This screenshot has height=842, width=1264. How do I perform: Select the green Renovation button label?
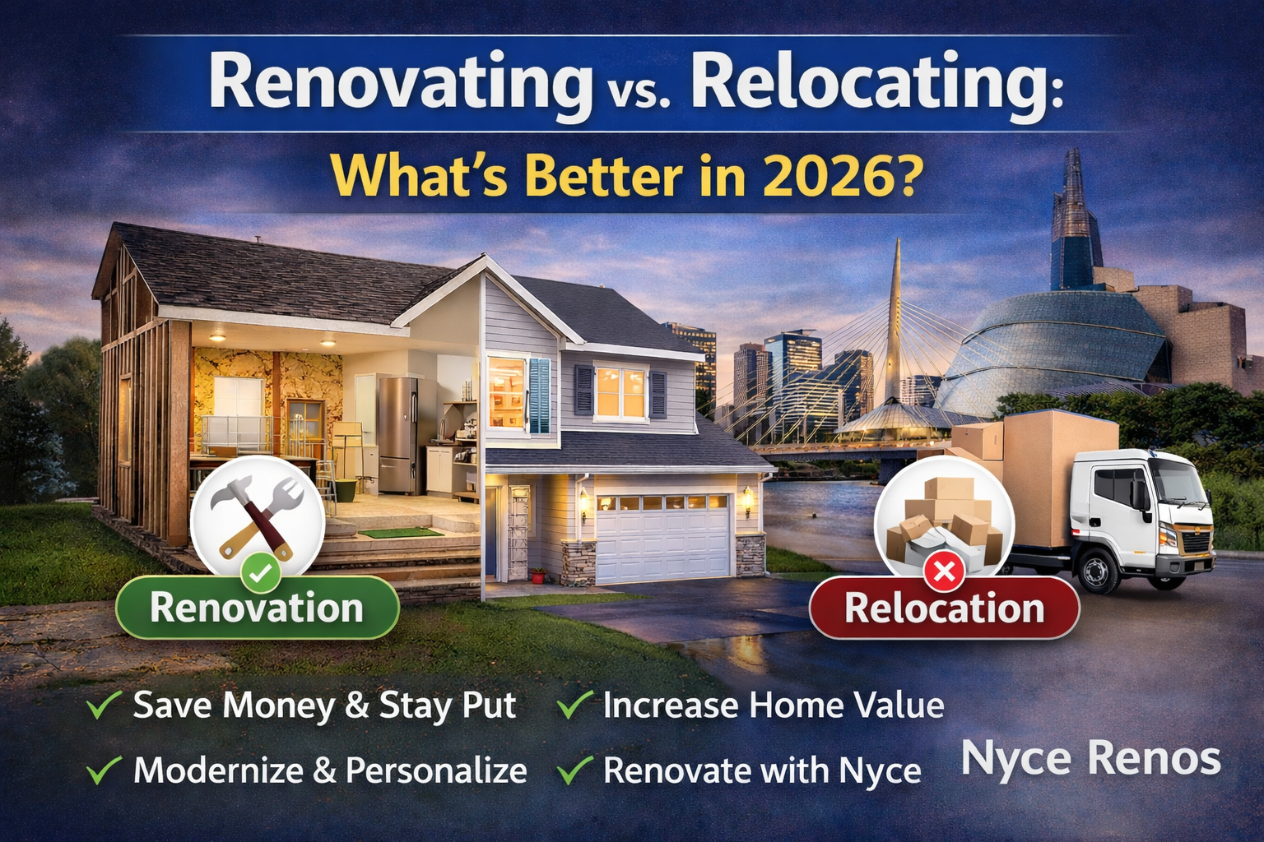point(257,608)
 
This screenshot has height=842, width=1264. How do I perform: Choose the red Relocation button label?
point(944,608)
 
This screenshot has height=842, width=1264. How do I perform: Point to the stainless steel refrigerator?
point(397,433)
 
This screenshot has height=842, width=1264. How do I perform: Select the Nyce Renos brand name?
point(1090,758)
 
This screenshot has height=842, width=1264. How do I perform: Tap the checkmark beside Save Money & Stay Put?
point(105,705)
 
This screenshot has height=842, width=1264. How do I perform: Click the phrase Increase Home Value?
point(773,705)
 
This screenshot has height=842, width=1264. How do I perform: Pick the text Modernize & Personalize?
point(330,770)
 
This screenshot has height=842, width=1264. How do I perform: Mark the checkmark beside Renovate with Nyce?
point(574,770)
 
